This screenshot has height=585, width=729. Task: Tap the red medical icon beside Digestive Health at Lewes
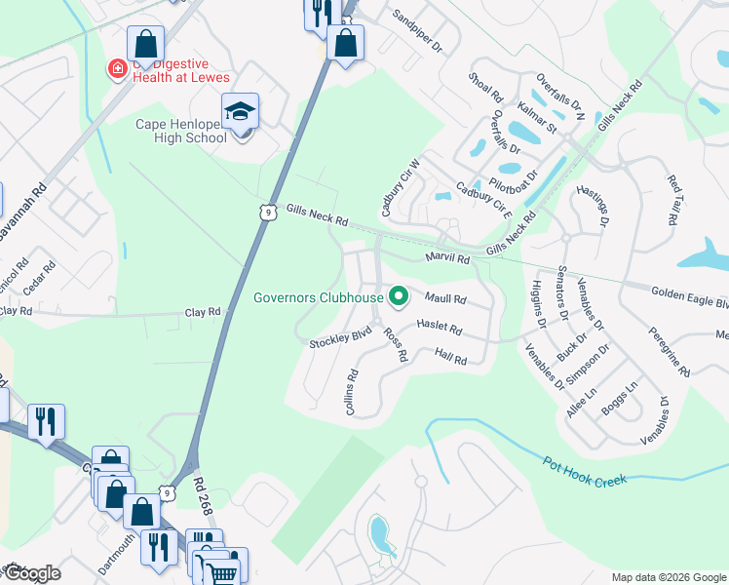point(117,68)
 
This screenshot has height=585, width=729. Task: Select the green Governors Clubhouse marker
point(398,296)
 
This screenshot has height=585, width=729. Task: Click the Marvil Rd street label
point(447,259)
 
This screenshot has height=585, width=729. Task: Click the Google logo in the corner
point(31,574)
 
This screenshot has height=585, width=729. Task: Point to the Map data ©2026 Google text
point(669,577)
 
